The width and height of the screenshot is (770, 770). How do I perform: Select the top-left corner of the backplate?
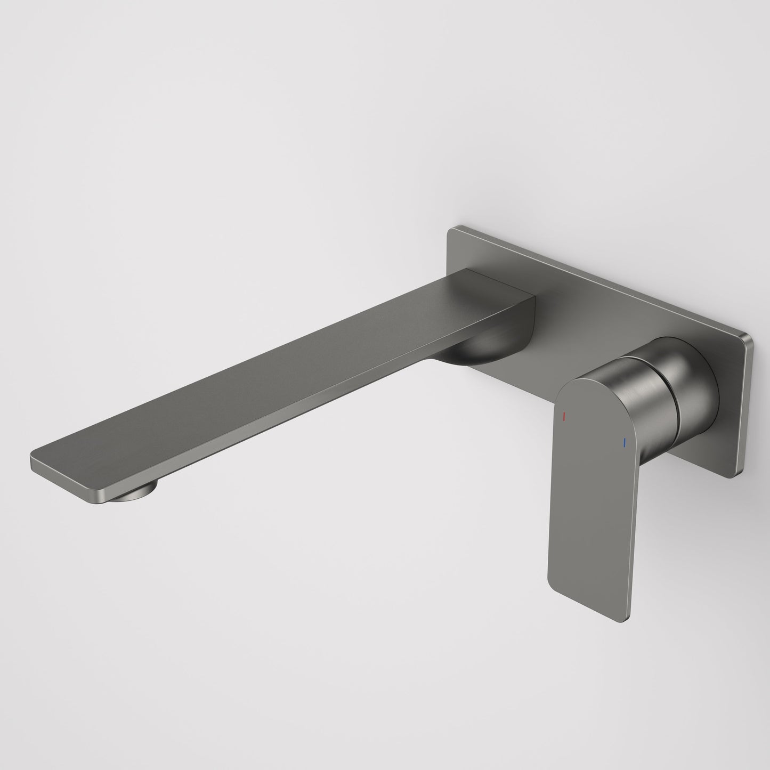[x=451, y=230]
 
